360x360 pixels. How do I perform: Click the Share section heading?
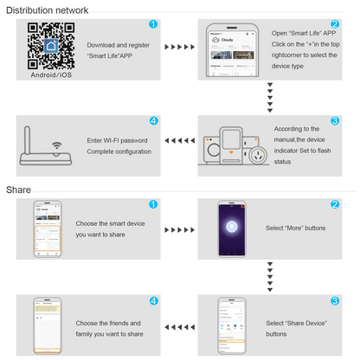[19, 190]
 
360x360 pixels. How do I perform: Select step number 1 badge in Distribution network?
[153, 25]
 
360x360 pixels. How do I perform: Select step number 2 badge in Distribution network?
[335, 25]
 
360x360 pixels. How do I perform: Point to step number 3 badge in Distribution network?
[335, 121]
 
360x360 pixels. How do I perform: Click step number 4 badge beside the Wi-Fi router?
[153, 121]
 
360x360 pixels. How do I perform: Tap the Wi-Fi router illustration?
[48, 149]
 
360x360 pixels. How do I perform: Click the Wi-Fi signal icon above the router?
[57, 145]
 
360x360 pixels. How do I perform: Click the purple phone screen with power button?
[232, 228]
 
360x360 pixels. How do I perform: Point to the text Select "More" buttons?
[296, 228]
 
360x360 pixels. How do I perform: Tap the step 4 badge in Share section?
[153, 300]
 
